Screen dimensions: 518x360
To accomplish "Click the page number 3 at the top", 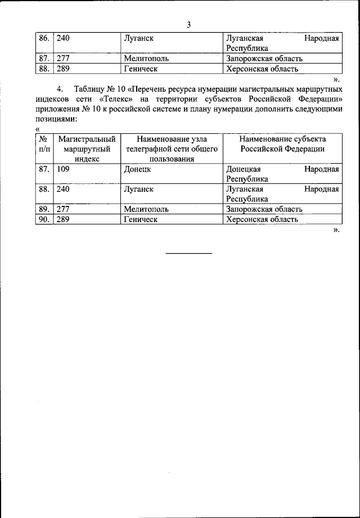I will (x=189, y=24).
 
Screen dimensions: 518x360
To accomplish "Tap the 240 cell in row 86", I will (x=63, y=39).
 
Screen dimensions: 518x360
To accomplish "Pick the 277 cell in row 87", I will (x=63, y=58).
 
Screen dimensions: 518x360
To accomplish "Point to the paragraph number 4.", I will (x=60, y=89).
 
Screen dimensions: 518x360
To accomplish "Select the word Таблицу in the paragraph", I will (x=90, y=89).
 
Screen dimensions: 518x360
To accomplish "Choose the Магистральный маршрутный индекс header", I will (x=87, y=148).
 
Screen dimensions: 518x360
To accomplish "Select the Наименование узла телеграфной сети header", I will (x=172, y=148).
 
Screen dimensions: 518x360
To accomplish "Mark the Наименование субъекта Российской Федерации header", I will (x=282, y=143).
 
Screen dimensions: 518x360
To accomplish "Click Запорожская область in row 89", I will (x=264, y=209).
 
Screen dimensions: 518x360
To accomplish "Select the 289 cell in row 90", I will (x=63, y=219).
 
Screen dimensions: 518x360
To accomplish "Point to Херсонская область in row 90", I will (x=262, y=219).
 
